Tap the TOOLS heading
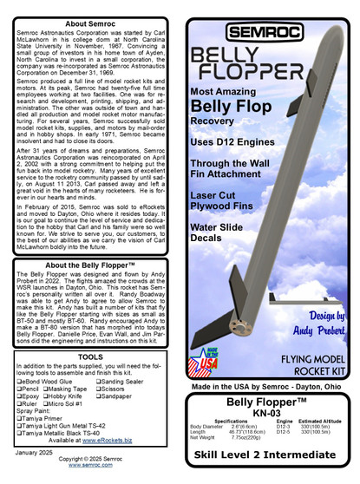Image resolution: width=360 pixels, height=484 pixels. pos(90,356)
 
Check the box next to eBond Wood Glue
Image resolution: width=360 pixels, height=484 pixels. pos(20,380)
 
